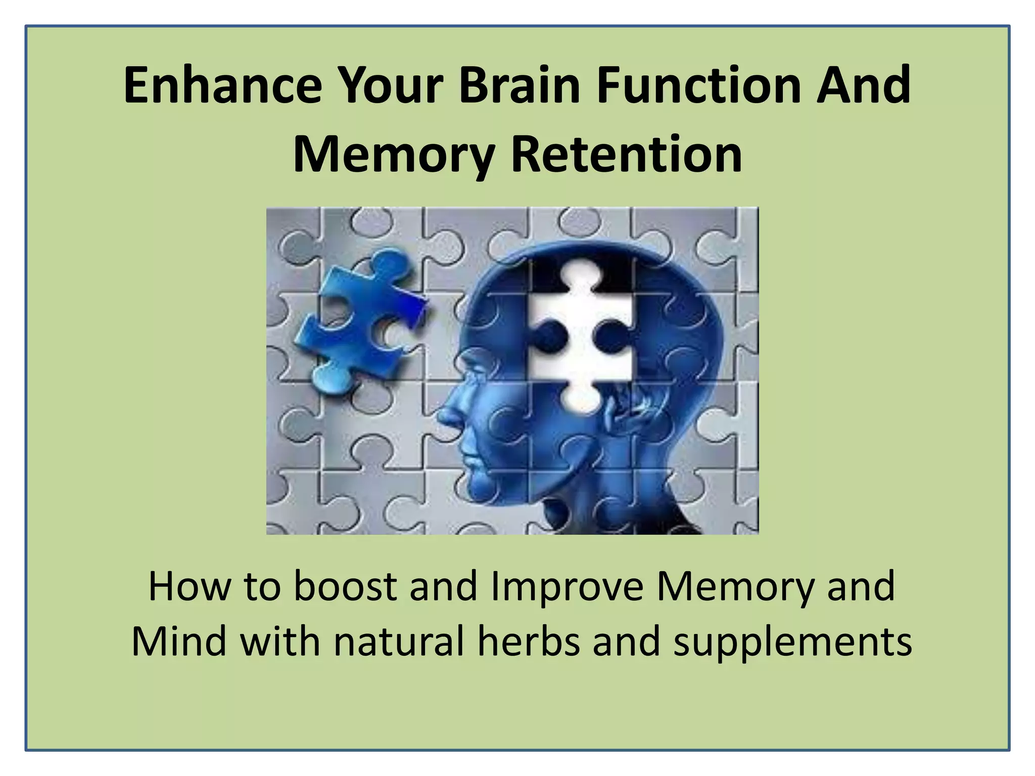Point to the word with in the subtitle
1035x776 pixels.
pyautogui.click(x=280, y=642)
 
